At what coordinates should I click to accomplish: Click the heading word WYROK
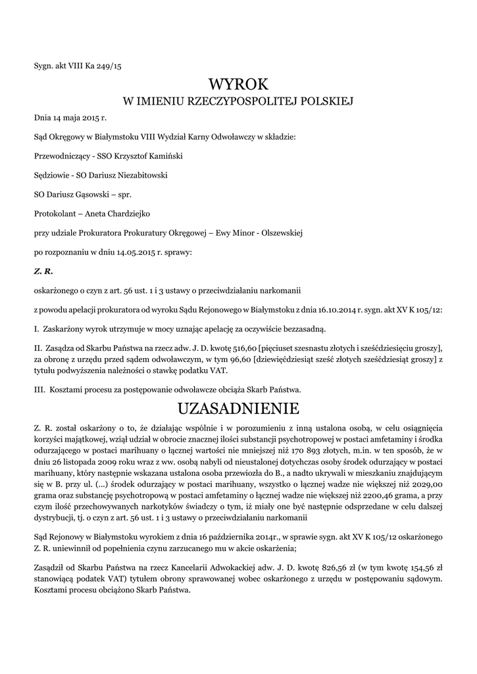(238, 84)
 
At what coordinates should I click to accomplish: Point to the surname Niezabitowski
(138, 176)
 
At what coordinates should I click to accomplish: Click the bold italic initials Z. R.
(43, 271)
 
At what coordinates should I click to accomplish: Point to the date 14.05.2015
(153, 252)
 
